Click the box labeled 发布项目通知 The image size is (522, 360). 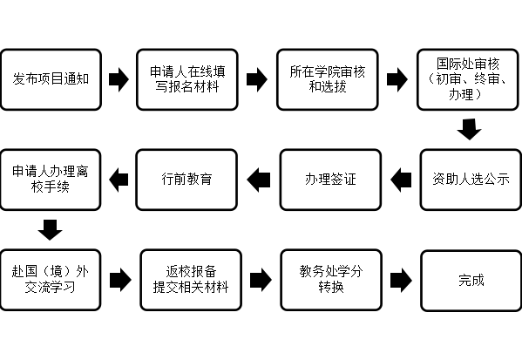pyautogui.click(x=51, y=79)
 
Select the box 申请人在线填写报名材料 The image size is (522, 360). pyautogui.click(x=187, y=79)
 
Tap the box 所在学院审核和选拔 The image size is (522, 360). pyautogui.click(x=328, y=79)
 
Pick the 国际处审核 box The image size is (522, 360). pyautogui.click(x=468, y=79)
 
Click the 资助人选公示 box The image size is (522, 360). pyautogui.click(x=471, y=180)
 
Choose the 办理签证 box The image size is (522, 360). pyautogui.click(x=330, y=180)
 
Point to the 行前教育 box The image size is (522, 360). pyautogui.click(x=186, y=180)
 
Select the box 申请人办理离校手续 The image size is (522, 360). pyautogui.click(x=51, y=180)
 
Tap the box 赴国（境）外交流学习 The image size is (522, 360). pyautogui.click(x=51, y=280)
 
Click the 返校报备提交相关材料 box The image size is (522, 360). pyautogui.click(x=191, y=280)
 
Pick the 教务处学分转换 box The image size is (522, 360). pyautogui.click(x=331, y=280)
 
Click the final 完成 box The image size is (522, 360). pyautogui.click(x=471, y=281)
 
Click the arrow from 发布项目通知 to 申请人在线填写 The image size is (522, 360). pyautogui.click(x=119, y=79)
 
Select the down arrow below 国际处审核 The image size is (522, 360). pyautogui.click(x=469, y=129)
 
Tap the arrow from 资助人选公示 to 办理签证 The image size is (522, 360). pyautogui.click(x=401, y=180)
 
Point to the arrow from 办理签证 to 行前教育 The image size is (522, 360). pyautogui.click(x=259, y=180)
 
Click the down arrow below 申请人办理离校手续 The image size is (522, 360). pyautogui.click(x=50, y=230)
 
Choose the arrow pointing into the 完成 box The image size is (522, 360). pyautogui.click(x=401, y=281)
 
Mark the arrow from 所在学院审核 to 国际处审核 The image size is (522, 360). pyautogui.click(x=397, y=79)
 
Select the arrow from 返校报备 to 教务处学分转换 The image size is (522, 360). pyautogui.click(x=261, y=280)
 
